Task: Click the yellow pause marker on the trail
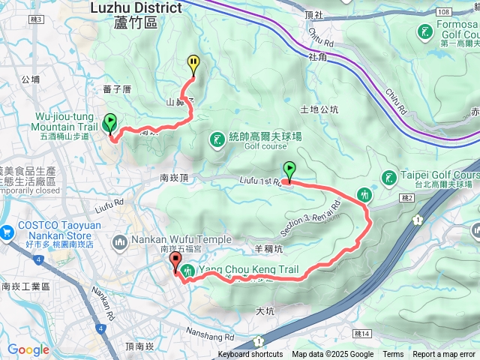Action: coord(193,63)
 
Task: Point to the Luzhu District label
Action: coord(136,8)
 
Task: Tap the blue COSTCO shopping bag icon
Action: coord(7,232)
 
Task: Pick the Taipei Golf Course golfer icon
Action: coord(388,178)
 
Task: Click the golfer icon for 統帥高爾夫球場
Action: coord(217,139)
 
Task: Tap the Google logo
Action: coord(28,349)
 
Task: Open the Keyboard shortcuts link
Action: coord(250,355)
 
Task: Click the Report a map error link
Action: coord(444,355)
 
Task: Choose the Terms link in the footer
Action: coord(393,355)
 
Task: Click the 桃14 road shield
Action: coord(363,334)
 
